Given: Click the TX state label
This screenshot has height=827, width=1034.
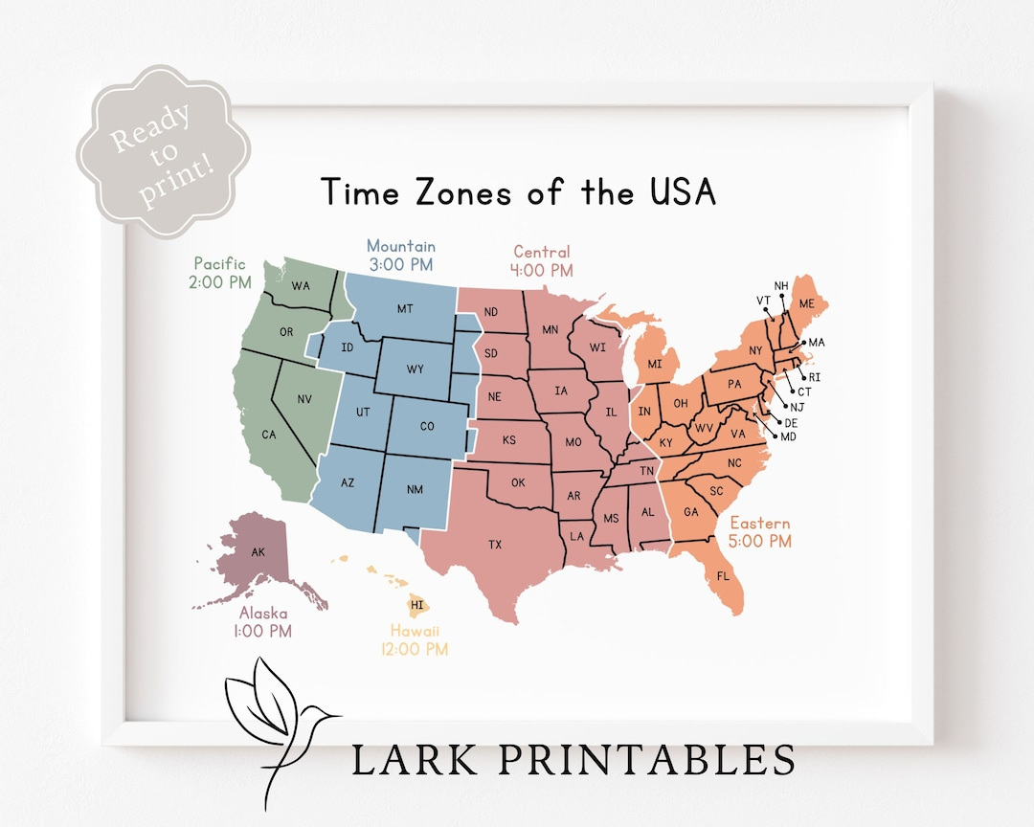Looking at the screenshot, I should pyautogui.click(x=495, y=545).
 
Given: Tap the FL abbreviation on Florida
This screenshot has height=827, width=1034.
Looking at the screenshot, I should pyautogui.click(x=723, y=576).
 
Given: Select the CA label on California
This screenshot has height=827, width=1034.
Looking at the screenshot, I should pyautogui.click(x=269, y=435).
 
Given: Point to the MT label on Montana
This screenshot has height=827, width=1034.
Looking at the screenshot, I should pyautogui.click(x=405, y=309).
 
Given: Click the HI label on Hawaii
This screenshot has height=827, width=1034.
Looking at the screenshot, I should pyautogui.click(x=416, y=605).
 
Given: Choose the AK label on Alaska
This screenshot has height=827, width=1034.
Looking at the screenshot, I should pyautogui.click(x=258, y=552).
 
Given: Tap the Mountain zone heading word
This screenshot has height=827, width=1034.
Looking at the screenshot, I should pyautogui.click(x=401, y=246).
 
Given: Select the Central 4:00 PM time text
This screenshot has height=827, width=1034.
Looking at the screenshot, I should pyautogui.click(x=541, y=271).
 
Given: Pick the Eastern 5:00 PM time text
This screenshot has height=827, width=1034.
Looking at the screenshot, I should pyautogui.click(x=761, y=542).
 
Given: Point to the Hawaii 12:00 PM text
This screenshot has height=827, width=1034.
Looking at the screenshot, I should pyautogui.click(x=418, y=650).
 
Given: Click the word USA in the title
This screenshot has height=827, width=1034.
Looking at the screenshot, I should pyautogui.click(x=681, y=191).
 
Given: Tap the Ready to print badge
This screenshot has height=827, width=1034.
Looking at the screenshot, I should pyautogui.click(x=163, y=151).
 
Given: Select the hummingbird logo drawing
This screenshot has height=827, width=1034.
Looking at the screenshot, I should pyautogui.click(x=278, y=717).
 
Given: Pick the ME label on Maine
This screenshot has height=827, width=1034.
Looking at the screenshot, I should pyautogui.click(x=807, y=303).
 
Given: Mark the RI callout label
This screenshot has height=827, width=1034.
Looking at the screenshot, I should pyautogui.click(x=815, y=377).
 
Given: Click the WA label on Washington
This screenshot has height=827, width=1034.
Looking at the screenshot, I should pyautogui.click(x=301, y=285).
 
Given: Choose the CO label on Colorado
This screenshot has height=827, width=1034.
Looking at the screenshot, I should pyautogui.click(x=427, y=426).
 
